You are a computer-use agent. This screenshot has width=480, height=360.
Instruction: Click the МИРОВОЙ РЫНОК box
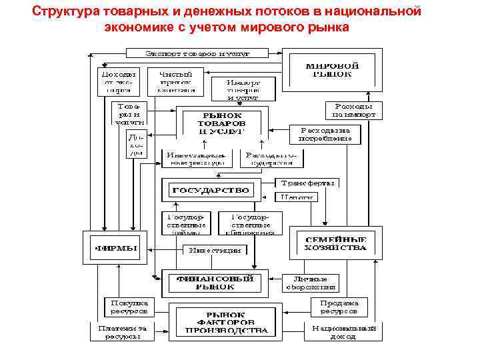click(332, 70)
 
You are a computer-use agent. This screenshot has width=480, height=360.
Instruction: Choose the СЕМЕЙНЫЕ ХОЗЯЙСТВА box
click(335, 243)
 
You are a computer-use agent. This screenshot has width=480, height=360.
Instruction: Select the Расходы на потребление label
click(325, 135)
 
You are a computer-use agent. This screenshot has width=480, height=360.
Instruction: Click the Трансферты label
click(309, 182)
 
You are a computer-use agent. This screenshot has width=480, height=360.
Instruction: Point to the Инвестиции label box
click(215, 250)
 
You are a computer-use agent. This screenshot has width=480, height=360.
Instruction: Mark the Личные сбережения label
click(311, 283)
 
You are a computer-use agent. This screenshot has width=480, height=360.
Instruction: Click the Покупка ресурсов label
click(130, 307)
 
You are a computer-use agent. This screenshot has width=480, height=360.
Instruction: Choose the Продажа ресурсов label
click(338, 307)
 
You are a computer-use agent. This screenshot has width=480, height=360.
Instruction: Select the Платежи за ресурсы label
click(121, 332)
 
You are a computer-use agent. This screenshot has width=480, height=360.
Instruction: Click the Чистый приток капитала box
click(176, 81)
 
